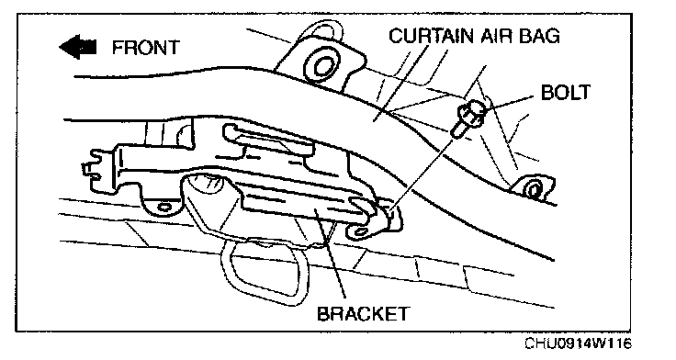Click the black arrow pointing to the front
coord(77,47)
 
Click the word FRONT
coord(146,47)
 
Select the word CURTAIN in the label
coord(431,35)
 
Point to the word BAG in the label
coord(539,35)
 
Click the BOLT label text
coord(565,92)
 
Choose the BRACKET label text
coord(362,313)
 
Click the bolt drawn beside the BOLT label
coord(468,118)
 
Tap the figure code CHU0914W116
coord(578,343)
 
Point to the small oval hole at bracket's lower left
coord(164,207)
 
